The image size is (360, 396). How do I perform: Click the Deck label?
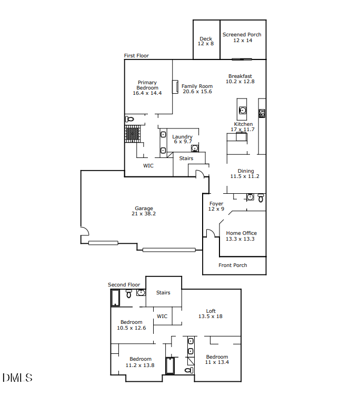point(206,38)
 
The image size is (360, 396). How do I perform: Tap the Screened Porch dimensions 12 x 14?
point(242,41)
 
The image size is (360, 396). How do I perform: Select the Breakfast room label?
point(240,76)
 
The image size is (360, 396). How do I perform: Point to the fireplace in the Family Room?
point(175,87)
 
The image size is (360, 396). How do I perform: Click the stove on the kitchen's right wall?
point(262,113)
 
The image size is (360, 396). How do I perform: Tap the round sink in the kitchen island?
point(243,110)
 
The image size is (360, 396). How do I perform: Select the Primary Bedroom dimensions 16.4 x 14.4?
point(147,93)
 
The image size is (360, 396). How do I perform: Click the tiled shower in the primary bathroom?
point(133,134)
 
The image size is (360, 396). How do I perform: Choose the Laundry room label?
point(183,137)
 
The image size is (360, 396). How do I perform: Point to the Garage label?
point(144,209)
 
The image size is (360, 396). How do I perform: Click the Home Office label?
point(241,233)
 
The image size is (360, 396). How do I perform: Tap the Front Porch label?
point(233,265)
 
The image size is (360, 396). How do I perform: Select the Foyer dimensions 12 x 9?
point(216,209)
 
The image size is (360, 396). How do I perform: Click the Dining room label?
point(245,171)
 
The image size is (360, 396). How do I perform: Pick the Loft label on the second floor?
point(211,311)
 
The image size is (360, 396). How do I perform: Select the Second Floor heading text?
point(124,285)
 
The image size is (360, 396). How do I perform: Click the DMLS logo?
point(17,378)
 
